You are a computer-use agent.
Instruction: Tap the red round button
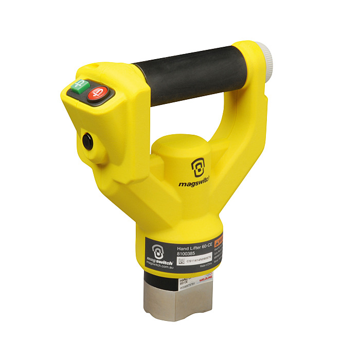tap(96, 94)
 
